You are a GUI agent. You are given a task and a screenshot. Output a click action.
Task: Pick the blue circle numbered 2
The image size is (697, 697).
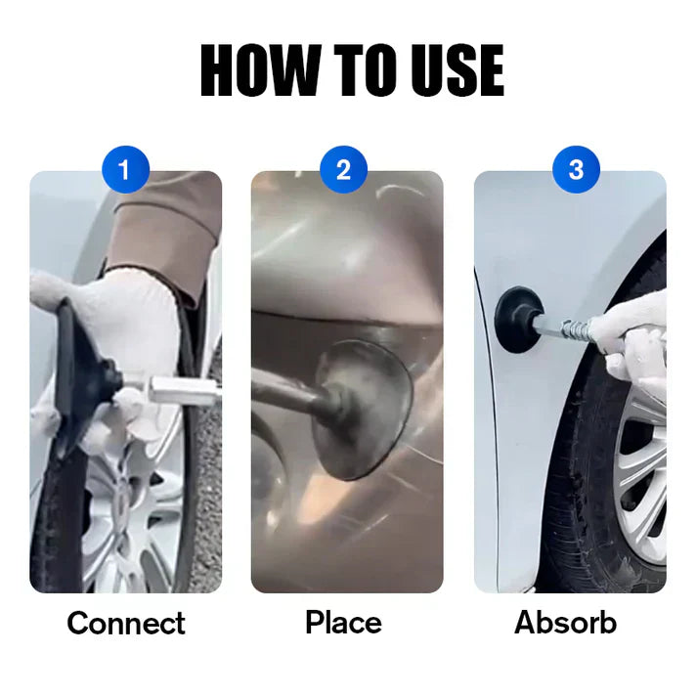pos(344,170)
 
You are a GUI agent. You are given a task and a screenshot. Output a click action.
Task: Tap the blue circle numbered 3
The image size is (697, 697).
pos(575,170)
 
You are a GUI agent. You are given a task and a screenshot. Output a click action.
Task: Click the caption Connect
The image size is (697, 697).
pos(126,623)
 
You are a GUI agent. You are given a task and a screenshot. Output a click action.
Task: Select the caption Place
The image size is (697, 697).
pos(344,622)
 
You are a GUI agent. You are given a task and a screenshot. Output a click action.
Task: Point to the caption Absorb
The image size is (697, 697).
pos(566,623)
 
